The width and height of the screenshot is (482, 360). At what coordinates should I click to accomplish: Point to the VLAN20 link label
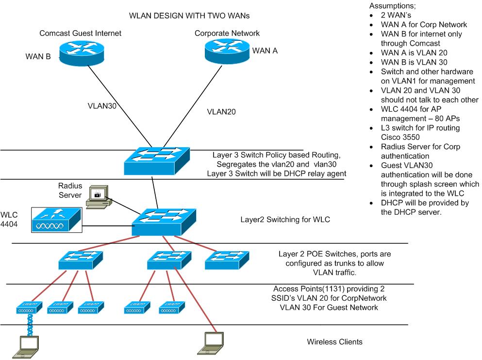point(221,111)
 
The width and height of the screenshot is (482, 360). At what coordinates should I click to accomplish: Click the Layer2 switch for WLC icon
point(165,222)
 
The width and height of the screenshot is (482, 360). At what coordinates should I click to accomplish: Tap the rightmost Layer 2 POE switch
point(227,260)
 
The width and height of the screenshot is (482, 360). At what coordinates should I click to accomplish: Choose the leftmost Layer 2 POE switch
point(81,260)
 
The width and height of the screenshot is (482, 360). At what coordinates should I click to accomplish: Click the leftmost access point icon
point(26,307)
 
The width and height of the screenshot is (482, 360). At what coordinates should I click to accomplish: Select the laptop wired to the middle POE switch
point(212,342)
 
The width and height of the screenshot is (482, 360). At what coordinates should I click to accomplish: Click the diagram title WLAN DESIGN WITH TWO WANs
point(189,16)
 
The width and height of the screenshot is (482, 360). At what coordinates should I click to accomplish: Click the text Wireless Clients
point(334,342)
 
